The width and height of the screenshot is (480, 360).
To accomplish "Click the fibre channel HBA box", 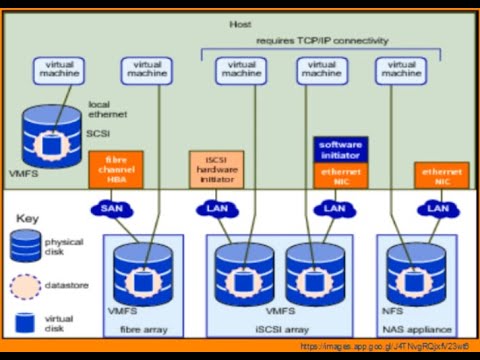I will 111,171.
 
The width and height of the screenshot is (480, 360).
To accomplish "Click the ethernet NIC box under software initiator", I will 341,176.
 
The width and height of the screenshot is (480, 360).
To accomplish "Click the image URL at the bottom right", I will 385,347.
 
